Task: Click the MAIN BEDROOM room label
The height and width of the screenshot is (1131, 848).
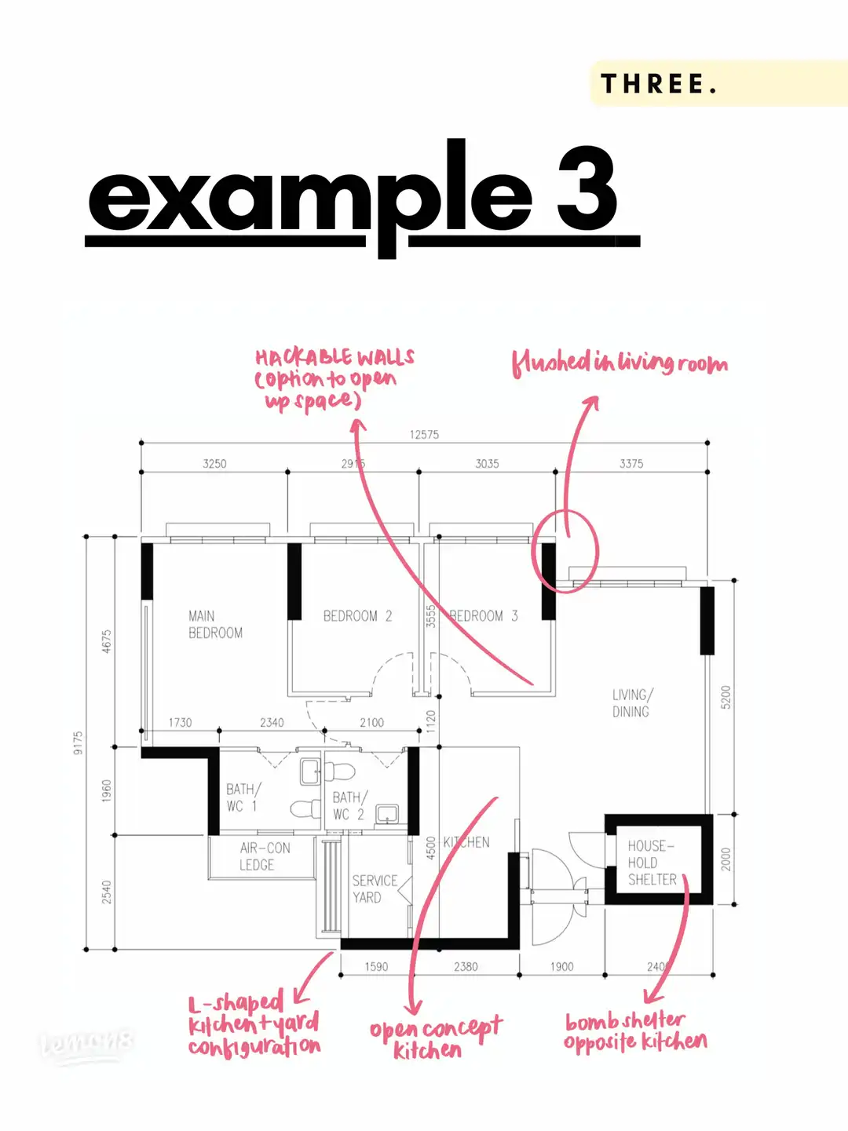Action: point(215,625)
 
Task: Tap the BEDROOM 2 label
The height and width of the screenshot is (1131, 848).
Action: point(357,616)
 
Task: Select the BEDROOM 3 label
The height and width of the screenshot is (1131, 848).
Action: point(483,616)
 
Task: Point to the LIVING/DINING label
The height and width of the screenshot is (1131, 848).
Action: point(631,703)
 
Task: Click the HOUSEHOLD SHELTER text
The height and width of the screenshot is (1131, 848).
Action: point(652,863)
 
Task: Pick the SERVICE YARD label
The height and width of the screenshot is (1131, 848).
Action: point(375,888)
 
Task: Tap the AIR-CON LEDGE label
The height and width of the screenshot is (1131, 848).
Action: point(265,856)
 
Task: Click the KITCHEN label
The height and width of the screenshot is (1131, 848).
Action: point(466,842)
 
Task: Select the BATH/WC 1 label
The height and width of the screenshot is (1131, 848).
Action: point(243,797)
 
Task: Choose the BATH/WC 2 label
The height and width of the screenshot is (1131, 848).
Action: point(349,806)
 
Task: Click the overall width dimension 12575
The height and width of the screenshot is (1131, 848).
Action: point(424,434)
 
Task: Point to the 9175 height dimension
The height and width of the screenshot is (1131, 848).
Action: point(78,742)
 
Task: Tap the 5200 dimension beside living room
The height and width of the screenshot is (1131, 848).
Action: point(726,697)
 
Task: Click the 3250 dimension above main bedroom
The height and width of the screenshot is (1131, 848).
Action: point(214,464)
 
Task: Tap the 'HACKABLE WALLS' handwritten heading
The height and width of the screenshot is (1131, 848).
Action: point(334,358)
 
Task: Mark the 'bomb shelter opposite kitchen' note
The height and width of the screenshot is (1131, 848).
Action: point(634,1031)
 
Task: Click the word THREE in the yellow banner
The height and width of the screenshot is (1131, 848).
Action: point(658,84)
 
